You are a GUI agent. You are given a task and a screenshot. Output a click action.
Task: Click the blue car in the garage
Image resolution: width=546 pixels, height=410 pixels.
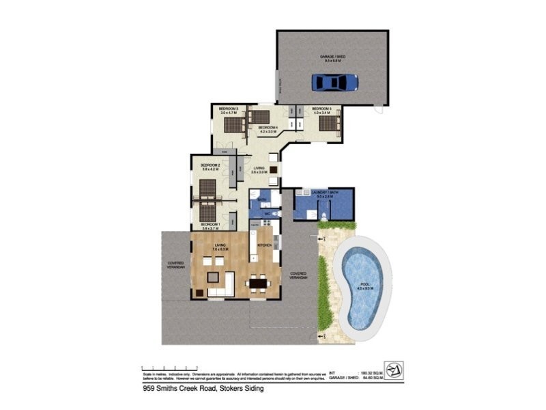point(335,82)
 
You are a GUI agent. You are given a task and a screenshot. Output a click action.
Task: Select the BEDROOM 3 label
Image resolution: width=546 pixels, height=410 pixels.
point(228,109)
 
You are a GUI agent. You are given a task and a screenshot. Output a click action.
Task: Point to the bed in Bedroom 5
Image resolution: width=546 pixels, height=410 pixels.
point(329,123)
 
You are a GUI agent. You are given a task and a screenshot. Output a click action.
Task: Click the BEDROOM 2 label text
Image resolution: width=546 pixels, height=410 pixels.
point(210,165)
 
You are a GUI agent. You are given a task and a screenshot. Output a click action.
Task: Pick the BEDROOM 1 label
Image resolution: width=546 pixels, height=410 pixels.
point(210,224)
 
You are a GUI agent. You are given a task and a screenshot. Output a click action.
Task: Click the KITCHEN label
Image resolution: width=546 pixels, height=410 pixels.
point(265,245)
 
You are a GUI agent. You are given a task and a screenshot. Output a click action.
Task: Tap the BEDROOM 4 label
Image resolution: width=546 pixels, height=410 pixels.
point(267,128)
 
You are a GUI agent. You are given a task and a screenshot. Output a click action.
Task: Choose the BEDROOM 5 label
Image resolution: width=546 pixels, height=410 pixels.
point(321,109)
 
